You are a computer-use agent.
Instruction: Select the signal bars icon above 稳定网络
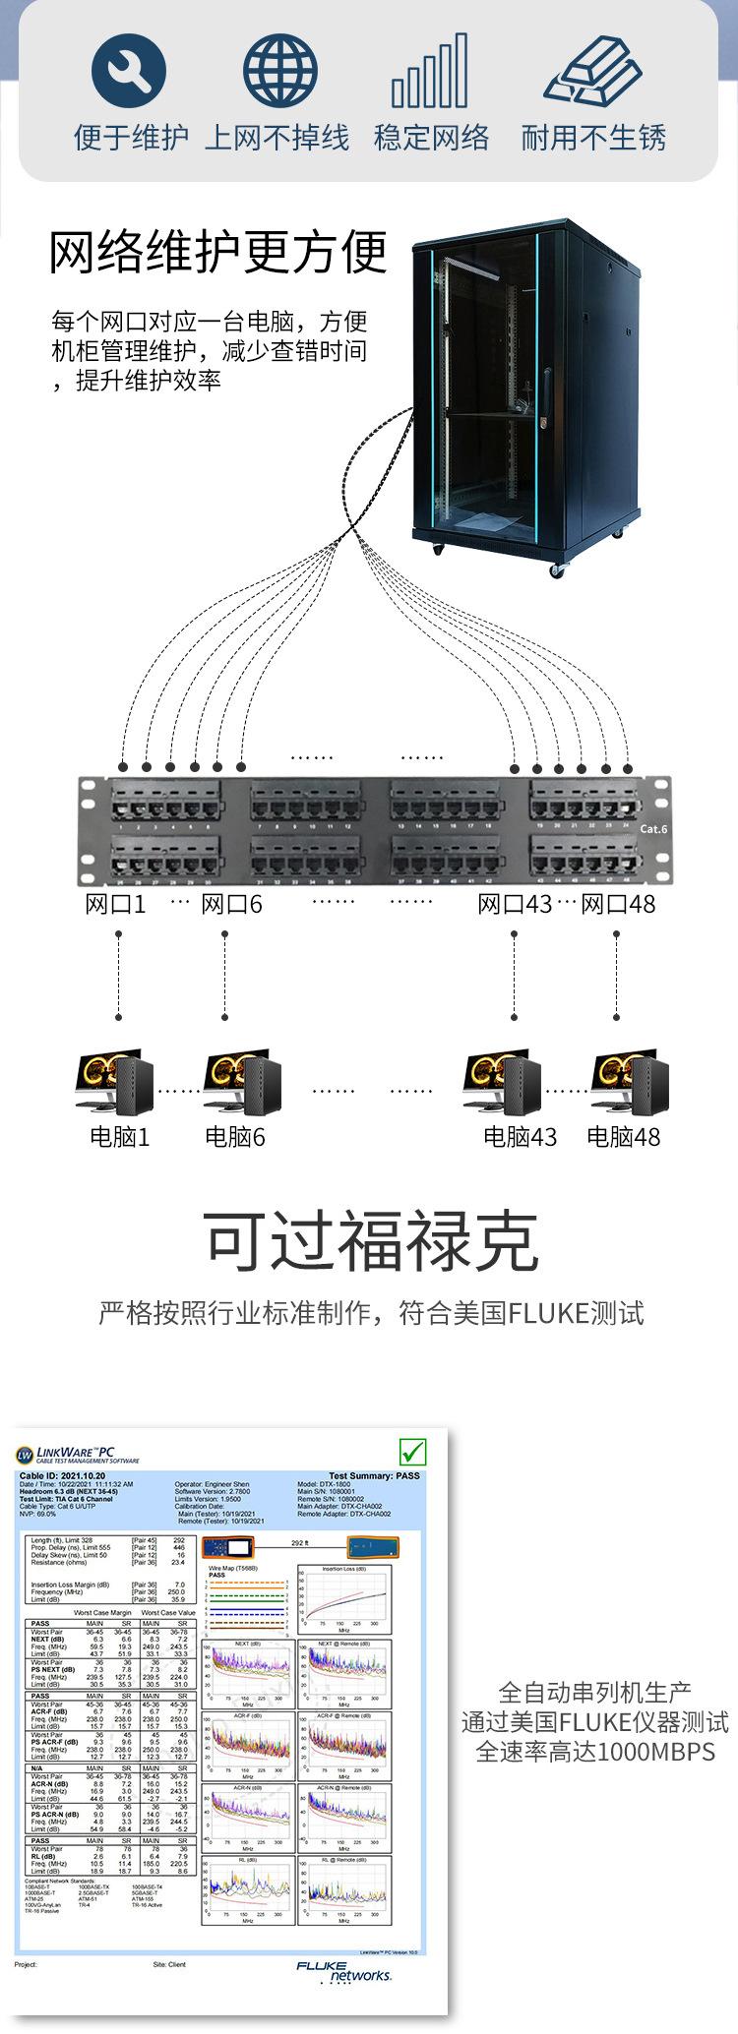pyautogui.click(x=429, y=71)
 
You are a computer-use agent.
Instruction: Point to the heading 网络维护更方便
pyautogui.click(x=218, y=252)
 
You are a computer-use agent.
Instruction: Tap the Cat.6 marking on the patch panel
pyautogui.click(x=653, y=828)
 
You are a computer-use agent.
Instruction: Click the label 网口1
pyautogui.click(x=115, y=904)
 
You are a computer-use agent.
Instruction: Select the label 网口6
pyautogui.click(x=231, y=904)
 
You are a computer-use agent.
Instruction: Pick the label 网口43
pyautogui.click(x=515, y=904)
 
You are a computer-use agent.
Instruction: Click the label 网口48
pyautogui.click(x=618, y=904)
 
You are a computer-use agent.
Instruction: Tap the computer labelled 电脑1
pyautogui.click(x=117, y=1082)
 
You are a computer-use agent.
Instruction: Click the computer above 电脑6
pyautogui.click(x=242, y=1082)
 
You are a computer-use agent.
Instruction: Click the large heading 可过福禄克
pyautogui.click(x=372, y=1240)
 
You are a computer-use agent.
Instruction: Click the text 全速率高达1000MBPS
pyautogui.click(x=595, y=1752)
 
